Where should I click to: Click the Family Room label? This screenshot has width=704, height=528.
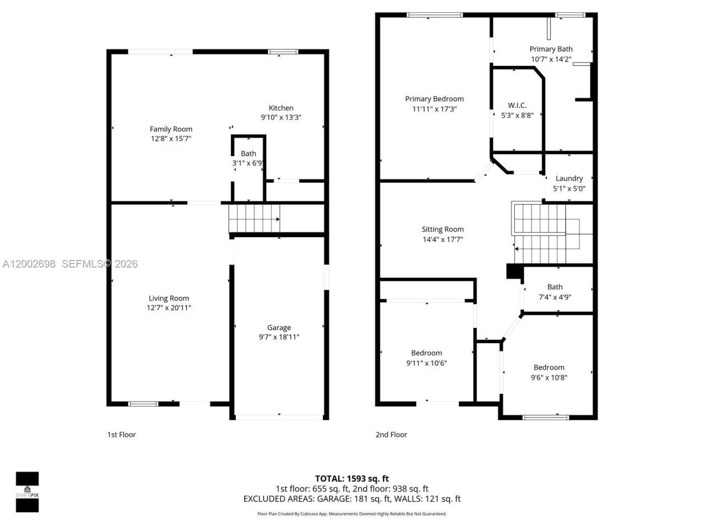[x=171, y=129]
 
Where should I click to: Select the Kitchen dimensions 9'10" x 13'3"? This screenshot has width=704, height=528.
[x=281, y=117]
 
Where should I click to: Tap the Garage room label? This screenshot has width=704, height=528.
[x=279, y=328]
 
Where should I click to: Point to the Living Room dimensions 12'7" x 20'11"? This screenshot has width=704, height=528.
[x=169, y=308]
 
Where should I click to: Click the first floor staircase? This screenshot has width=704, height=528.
[x=254, y=218]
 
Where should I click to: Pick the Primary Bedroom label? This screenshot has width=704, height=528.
[x=434, y=99]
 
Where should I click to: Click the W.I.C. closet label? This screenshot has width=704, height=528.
[x=517, y=105]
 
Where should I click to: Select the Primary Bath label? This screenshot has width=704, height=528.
[x=551, y=49]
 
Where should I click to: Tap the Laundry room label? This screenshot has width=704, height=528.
[x=569, y=178]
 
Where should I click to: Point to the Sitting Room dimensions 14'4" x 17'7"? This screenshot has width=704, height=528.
[x=442, y=239]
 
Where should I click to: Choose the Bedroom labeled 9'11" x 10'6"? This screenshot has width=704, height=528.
[x=426, y=358]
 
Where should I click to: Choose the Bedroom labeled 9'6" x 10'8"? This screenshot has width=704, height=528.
[x=549, y=372]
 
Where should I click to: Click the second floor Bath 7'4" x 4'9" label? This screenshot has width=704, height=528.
[x=554, y=291]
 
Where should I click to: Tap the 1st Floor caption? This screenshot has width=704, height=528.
[x=121, y=435]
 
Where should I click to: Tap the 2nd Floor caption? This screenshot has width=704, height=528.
[x=391, y=435]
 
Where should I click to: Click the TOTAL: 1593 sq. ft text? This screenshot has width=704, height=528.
[x=351, y=479]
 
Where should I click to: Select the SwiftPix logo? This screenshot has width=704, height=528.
[x=27, y=492]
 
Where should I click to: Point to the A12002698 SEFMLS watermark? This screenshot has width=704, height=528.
[x=70, y=264]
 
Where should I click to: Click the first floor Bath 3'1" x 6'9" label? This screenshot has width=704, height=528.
[x=248, y=158]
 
